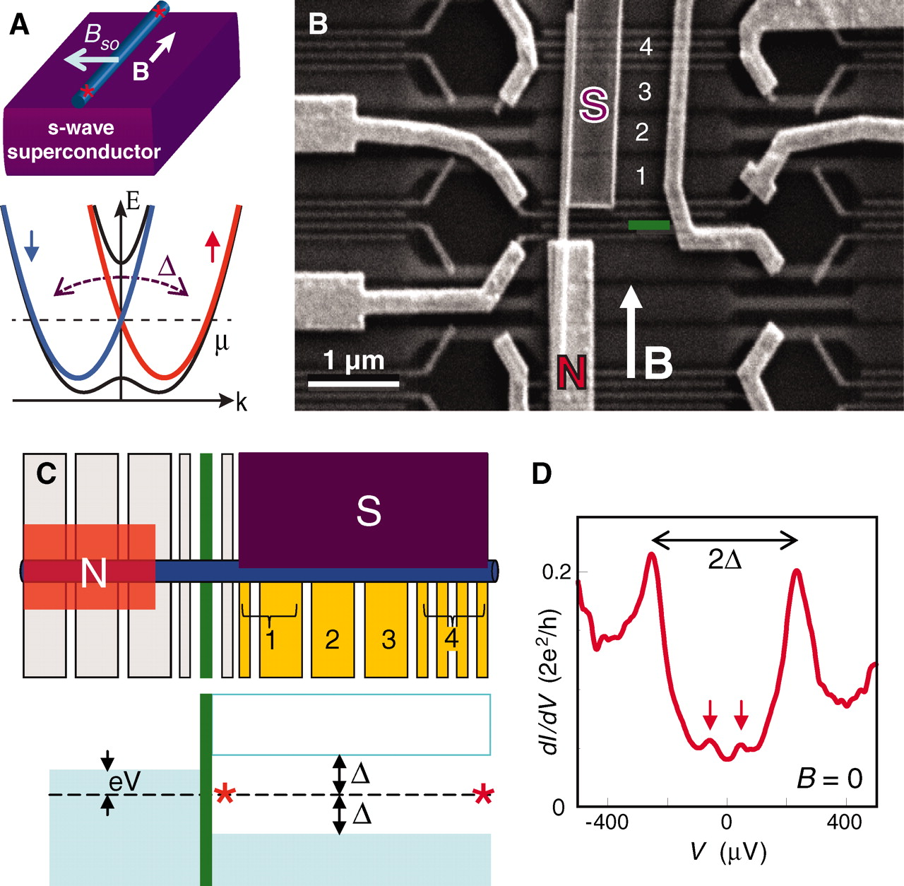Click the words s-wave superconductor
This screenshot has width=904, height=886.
[x=83, y=140]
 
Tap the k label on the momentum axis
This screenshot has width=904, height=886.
[x=242, y=403]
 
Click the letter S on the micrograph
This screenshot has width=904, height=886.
[x=593, y=105]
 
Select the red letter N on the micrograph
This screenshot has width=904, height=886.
[x=571, y=371]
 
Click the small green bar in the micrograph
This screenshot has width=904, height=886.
[x=648, y=225]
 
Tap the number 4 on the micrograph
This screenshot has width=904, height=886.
[x=645, y=47]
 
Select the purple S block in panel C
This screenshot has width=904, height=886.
[x=364, y=509]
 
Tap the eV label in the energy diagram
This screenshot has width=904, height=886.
[x=124, y=781]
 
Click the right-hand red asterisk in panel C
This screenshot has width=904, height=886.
[x=483, y=796]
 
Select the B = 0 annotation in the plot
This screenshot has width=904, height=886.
[x=829, y=779]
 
